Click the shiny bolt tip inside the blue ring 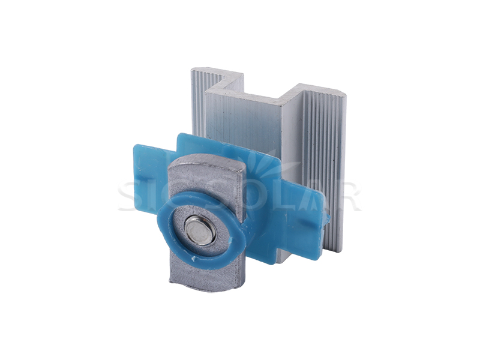200,229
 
